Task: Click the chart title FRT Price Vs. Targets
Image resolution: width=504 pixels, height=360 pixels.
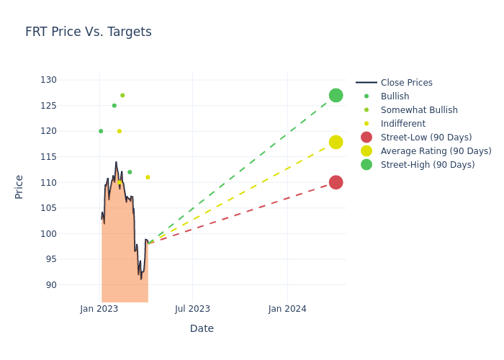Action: click(88, 32)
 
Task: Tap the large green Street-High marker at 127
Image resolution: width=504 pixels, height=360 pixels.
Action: click(336, 95)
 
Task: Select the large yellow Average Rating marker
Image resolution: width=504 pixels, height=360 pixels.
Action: click(336, 142)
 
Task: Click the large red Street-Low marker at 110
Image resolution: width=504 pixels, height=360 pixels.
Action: click(336, 182)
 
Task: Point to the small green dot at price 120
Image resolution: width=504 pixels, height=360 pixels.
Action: click(101, 131)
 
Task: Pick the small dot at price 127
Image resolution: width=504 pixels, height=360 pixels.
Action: click(122, 95)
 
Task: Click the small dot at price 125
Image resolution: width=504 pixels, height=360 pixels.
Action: click(114, 106)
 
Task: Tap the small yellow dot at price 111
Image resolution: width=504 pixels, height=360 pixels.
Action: click(148, 177)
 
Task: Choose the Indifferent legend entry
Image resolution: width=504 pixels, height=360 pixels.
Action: click(402, 124)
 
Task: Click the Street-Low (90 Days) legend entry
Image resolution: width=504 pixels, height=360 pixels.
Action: click(426, 138)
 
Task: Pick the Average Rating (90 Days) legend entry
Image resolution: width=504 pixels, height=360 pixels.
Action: click(436, 151)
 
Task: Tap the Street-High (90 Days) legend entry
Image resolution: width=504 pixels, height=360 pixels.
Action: click(427, 165)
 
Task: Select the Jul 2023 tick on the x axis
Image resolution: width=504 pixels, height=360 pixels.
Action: click(192, 309)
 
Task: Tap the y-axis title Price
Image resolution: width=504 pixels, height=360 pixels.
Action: click(19, 186)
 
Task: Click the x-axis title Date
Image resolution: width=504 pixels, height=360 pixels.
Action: click(202, 328)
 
